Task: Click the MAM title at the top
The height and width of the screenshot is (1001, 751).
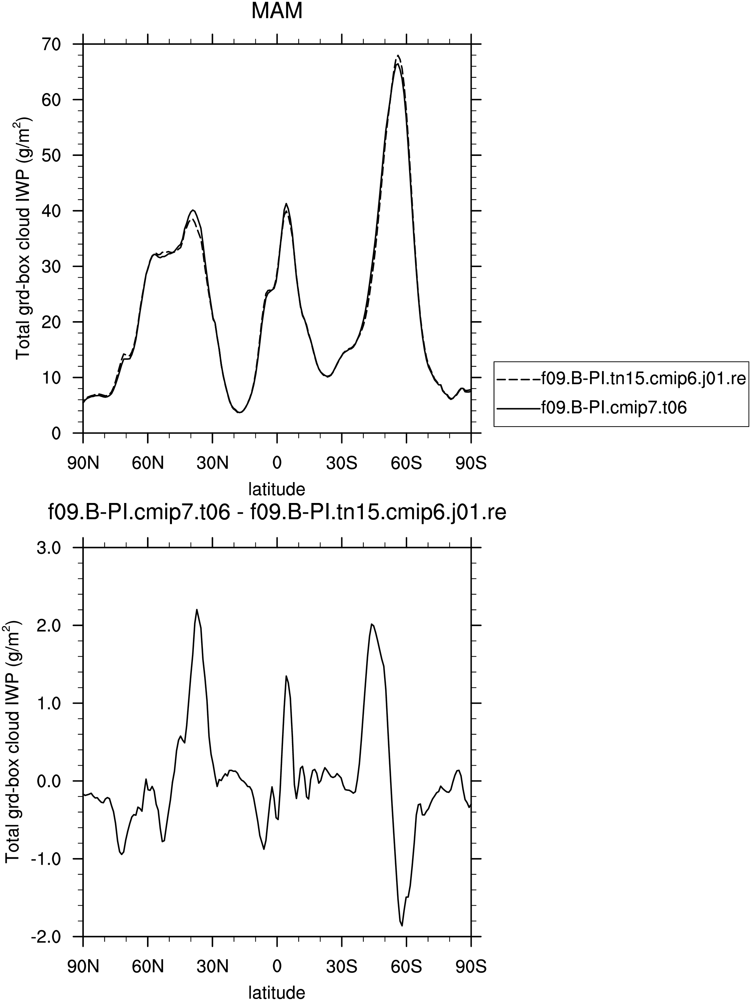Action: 277,11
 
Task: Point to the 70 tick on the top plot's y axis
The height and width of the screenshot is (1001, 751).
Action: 50,44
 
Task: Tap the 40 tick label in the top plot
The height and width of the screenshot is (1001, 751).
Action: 50,211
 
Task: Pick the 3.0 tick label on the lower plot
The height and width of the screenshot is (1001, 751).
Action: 47,548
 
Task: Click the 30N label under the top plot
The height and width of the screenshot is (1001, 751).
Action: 212,463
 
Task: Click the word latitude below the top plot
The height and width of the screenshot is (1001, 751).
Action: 277,489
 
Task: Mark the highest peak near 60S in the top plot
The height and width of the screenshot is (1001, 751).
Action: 398,56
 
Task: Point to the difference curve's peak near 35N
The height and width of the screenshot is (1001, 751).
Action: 197,610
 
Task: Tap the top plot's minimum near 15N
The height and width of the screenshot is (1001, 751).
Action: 240,412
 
